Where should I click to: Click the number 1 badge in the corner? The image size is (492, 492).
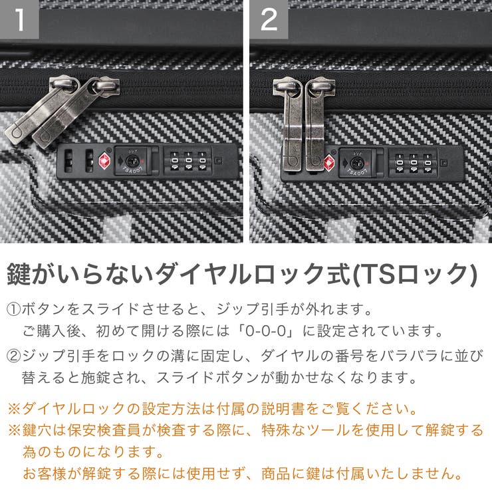click(x=19, y=19)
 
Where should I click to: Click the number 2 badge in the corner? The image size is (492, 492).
click(x=269, y=19)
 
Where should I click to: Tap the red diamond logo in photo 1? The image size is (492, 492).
click(x=104, y=160)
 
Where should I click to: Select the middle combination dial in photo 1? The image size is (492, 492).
click(x=187, y=162)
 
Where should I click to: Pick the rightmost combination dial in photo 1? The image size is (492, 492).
click(x=201, y=162)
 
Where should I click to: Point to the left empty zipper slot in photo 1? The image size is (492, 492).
click(x=68, y=160)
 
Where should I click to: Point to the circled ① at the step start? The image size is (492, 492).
click(x=15, y=310)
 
